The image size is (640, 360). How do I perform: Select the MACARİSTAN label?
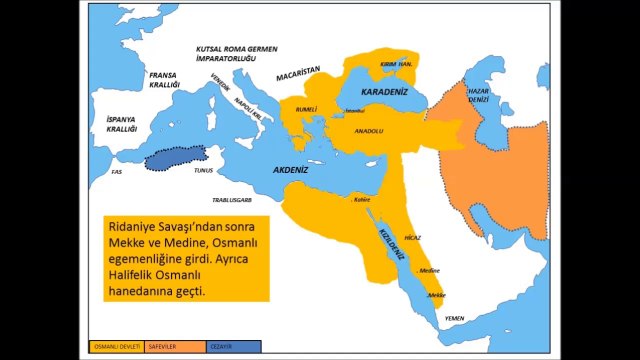(x=298, y=71)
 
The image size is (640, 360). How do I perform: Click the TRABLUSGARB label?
(x=232, y=199)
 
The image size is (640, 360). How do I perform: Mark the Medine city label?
(x=430, y=270)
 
